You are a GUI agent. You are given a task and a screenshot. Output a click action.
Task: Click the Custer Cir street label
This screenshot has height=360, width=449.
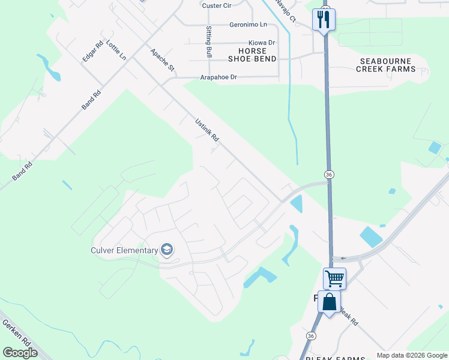pos(217,5)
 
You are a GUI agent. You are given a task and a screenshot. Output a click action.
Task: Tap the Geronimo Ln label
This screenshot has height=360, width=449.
pos(248,25)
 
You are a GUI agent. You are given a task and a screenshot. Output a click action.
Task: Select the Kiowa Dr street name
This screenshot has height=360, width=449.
pos(262,43)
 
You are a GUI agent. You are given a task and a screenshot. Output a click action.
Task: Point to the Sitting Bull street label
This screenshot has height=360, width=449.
pos(209,41)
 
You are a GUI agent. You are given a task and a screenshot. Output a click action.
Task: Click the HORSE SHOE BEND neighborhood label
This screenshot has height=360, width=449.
pos(252,55)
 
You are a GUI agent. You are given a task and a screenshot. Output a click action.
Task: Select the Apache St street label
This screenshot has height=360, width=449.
pos(162,60)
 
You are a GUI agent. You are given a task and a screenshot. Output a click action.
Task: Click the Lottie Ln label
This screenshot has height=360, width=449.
pos(116,50)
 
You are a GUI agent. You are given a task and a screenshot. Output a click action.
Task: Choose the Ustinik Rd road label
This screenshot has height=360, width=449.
pos(207,130)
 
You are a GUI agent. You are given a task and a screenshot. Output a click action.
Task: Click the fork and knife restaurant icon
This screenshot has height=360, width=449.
pos(324,19)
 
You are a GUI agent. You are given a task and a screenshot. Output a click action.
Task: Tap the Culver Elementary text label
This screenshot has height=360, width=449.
pos(124,250)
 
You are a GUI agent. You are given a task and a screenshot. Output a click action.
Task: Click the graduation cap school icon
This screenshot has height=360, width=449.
pos(167,250)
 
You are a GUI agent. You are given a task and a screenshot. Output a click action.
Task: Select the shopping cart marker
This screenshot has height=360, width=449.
pos(334,278)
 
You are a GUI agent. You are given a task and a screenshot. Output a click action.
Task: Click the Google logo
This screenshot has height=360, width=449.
pos(20,353)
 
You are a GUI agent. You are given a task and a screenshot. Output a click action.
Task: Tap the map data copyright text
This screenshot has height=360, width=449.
pos(412,355)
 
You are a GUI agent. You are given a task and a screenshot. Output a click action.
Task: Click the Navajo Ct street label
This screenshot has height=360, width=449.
pos(286,10)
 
